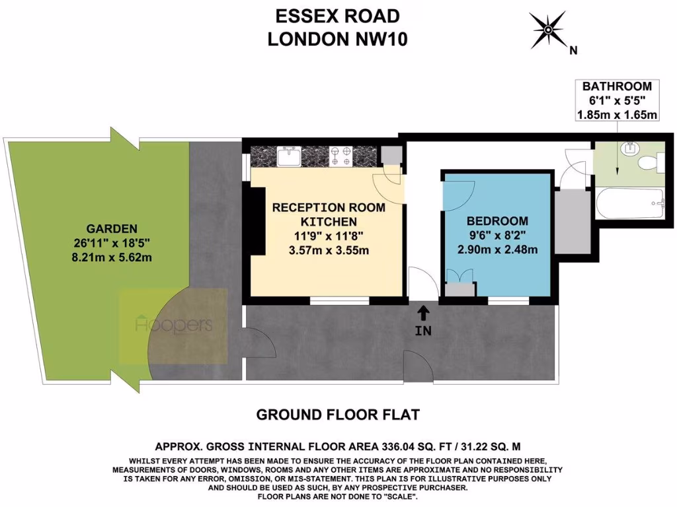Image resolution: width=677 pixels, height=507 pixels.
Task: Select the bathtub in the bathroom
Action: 629,204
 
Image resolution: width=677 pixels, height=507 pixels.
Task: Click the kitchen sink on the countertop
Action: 290,157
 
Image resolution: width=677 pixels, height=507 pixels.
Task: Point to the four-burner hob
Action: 342,156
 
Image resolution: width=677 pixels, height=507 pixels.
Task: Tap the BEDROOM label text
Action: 497,221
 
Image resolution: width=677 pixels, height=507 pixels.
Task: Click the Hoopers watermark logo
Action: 173,325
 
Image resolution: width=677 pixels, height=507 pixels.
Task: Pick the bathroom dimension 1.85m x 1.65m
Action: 616,115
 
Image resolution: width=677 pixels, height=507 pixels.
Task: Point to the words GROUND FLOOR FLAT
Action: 338,415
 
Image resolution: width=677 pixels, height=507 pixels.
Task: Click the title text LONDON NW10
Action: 337,40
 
